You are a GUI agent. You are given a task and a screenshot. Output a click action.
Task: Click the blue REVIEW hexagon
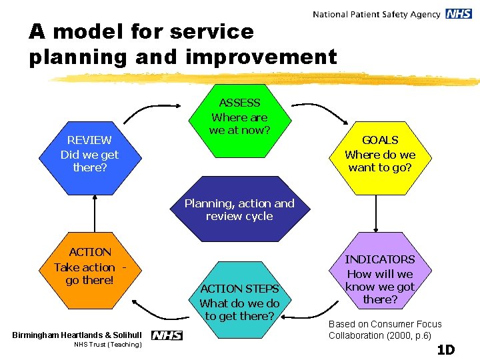coord(89,154)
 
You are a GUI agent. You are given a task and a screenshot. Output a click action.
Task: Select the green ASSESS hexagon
coord(239,117)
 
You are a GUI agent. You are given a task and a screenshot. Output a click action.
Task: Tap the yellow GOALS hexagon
coord(379,154)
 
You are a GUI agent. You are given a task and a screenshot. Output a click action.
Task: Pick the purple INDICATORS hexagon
coord(379,279)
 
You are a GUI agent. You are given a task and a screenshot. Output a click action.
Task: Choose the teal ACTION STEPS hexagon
coord(239,301)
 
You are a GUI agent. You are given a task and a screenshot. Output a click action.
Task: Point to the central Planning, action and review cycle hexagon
coord(239,209)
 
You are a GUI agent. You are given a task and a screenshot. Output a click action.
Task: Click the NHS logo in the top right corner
coord(459,14)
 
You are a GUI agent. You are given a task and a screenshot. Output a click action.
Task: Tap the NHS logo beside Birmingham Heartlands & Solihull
coord(167,335)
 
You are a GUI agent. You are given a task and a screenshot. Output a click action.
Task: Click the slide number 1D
coord(445,349)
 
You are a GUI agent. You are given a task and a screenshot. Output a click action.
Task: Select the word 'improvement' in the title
coord(261,57)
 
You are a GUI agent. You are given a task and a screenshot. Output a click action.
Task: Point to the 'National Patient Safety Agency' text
coord(376,14)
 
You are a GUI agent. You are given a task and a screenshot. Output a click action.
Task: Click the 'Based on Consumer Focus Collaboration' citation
coord(385,329)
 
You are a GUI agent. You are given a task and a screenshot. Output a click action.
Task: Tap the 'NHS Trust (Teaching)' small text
coord(107,345)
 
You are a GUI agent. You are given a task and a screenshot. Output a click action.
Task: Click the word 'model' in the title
coord(88,31)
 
